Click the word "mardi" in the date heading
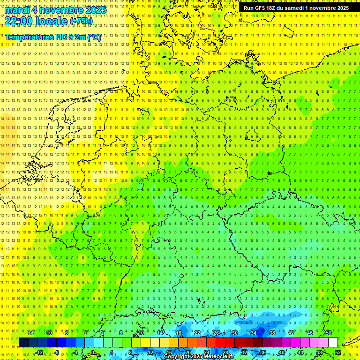(x=17, y=10)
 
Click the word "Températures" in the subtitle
(x=28, y=37)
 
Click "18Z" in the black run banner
(x=273, y=8)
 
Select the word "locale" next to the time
(x=52, y=21)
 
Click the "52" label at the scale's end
(x=337, y=352)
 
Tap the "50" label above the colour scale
(x=328, y=333)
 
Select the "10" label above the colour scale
(x=141, y=333)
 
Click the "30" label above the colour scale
(x=234, y=333)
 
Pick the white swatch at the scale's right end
(x=333, y=343)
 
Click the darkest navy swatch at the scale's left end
(x=23, y=343)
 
